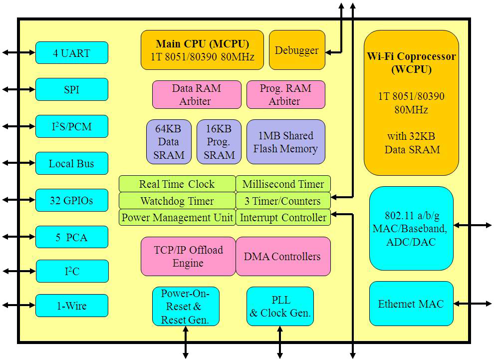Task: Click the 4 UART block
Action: coord(71,53)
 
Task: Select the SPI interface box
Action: coord(71,90)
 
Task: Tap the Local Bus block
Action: coord(71,163)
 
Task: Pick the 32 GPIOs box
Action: coord(71,201)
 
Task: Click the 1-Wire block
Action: coord(71,306)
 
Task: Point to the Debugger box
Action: coord(297,50)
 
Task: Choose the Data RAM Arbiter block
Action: coord(196,95)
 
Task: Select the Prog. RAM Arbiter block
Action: coord(285,95)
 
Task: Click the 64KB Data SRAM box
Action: coord(169,142)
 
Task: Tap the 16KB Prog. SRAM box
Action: coord(219,142)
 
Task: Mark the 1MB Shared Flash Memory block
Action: coord(285,142)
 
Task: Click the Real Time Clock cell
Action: coord(177,184)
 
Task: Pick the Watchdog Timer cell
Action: coord(177,201)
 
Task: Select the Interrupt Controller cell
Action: coord(283,218)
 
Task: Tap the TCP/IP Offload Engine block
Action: coord(188,256)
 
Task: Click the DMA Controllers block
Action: coord(283,256)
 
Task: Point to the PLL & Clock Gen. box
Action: coord(280,307)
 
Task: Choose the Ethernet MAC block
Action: coord(411,304)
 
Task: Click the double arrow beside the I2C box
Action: coord(19,271)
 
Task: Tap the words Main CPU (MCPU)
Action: coord(202,44)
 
